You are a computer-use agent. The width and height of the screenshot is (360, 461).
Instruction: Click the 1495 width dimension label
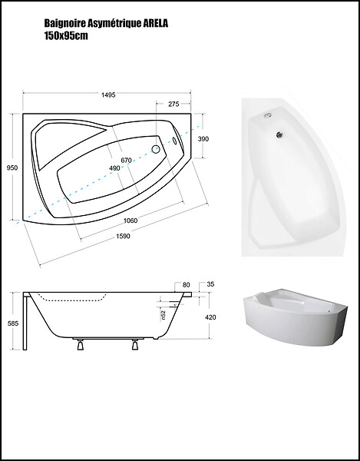click(108, 95)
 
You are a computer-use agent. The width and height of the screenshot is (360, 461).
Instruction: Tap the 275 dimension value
click(173, 104)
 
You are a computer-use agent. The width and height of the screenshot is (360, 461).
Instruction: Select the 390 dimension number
click(203, 139)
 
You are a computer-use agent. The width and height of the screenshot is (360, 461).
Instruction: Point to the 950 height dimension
click(12, 167)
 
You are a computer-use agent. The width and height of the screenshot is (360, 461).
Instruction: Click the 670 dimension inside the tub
click(126, 161)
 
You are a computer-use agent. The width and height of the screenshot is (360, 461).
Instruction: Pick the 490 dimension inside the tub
click(114, 168)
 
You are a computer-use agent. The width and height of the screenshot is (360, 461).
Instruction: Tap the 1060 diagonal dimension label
click(130, 221)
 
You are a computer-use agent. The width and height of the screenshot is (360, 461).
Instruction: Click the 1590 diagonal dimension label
click(123, 236)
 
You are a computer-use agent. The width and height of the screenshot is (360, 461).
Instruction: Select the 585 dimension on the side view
click(13, 323)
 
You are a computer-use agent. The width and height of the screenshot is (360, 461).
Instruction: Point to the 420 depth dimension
click(210, 317)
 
